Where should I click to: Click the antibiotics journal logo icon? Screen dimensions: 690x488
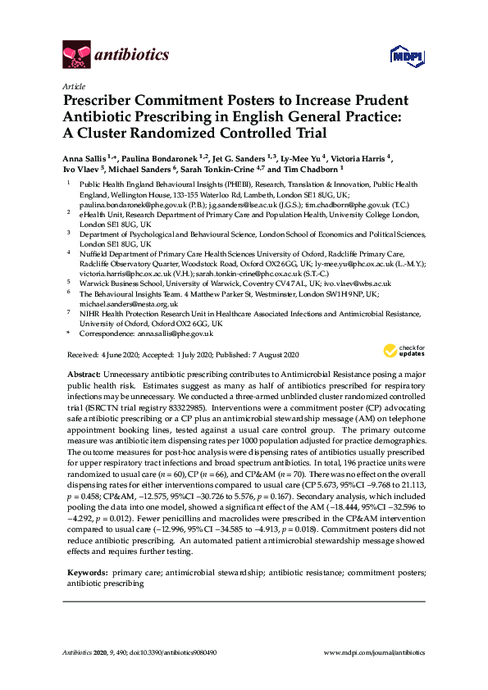[77, 56]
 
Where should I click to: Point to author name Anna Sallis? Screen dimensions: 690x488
[85, 159]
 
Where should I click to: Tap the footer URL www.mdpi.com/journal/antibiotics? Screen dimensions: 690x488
[376, 652]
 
